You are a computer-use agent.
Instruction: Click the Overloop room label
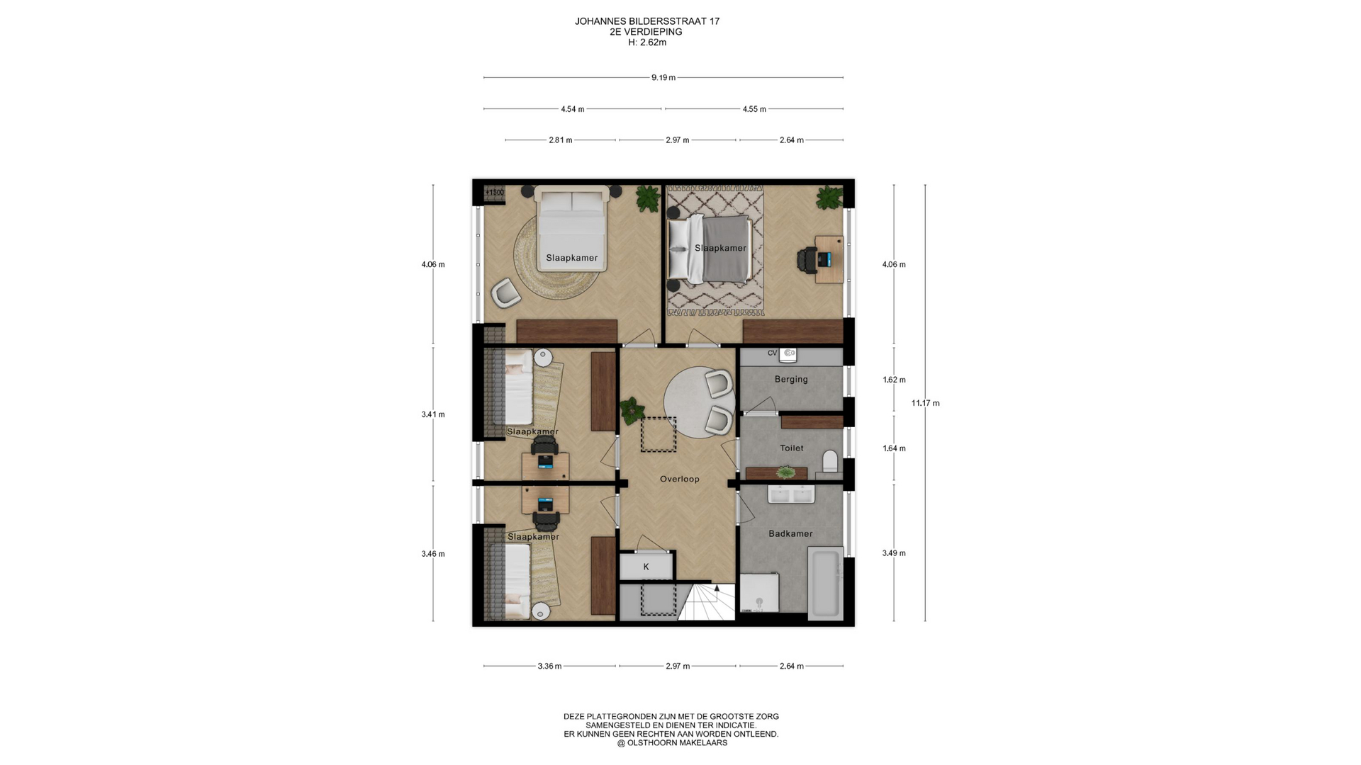(679, 479)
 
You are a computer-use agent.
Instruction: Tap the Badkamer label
(790, 533)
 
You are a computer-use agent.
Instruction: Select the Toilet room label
(792, 448)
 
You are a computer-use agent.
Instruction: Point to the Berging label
(791, 379)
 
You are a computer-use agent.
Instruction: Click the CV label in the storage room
(772, 353)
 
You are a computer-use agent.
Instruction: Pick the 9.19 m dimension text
(663, 77)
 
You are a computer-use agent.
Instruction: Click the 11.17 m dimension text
(925, 403)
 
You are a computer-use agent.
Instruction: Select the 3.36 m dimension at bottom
(549, 666)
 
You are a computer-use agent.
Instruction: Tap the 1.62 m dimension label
(894, 380)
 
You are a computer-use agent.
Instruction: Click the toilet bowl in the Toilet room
(830, 461)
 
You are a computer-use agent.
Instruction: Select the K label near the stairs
(646, 567)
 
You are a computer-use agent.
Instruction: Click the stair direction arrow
(717, 588)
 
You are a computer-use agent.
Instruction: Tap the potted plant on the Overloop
(629, 410)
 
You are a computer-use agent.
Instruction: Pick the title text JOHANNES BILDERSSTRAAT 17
(647, 21)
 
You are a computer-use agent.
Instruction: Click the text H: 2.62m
(647, 42)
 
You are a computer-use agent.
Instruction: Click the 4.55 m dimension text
(754, 109)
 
